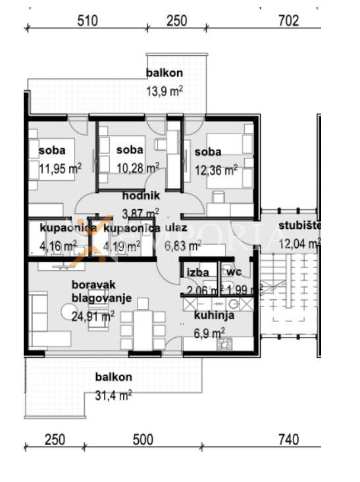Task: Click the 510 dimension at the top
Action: click(88, 21)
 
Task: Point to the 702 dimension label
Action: click(289, 21)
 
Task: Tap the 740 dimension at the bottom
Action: click(289, 439)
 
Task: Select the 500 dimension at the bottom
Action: click(143, 439)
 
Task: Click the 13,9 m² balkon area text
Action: click(165, 91)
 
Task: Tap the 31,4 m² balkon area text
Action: click(114, 395)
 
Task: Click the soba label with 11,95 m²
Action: click(52, 151)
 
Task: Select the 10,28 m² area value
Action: click(138, 168)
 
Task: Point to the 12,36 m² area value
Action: click(217, 170)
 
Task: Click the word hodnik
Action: click(141, 195)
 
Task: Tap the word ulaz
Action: click(176, 228)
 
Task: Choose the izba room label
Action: click(198, 272)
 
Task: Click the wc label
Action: click(234, 272)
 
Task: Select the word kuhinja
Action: click(214, 316)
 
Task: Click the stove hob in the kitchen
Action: click(225, 344)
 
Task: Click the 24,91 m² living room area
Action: click(93, 316)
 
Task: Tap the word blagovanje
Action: click(101, 298)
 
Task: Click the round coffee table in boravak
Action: click(68, 312)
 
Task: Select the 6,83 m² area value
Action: click(183, 246)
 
